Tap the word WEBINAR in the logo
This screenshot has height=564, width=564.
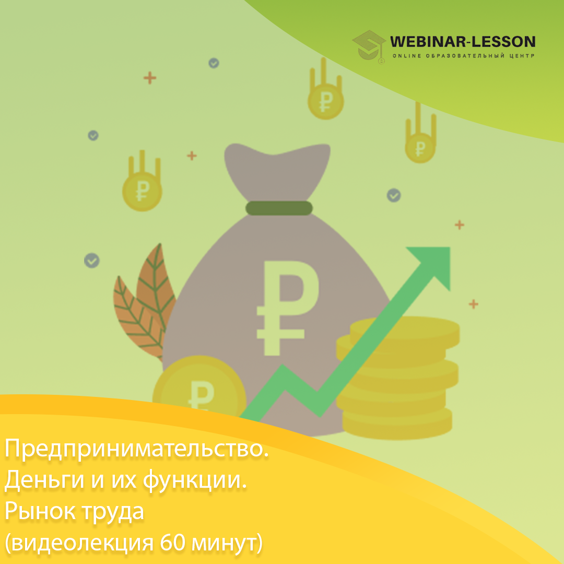pyautogui.click(x=428, y=42)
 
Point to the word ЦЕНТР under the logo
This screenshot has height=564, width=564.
pyautogui.click(x=522, y=56)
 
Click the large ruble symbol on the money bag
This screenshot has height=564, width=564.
pyautogui.click(x=287, y=308)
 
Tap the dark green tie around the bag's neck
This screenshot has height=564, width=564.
pyautogui.click(x=279, y=208)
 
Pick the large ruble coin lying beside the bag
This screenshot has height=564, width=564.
pyautogui.click(x=199, y=389)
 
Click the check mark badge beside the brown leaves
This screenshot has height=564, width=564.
pyautogui.click(x=92, y=261)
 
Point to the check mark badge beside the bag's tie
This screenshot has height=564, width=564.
pyautogui.click(x=394, y=195)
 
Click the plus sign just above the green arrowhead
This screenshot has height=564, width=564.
pyautogui.click(x=460, y=225)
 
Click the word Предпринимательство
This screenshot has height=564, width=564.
pyautogui.click(x=136, y=449)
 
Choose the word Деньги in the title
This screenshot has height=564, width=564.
pyautogui.click(x=44, y=480)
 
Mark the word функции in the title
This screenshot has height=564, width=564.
pyautogui.click(x=195, y=481)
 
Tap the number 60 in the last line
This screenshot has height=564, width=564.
pyautogui.click(x=172, y=543)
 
